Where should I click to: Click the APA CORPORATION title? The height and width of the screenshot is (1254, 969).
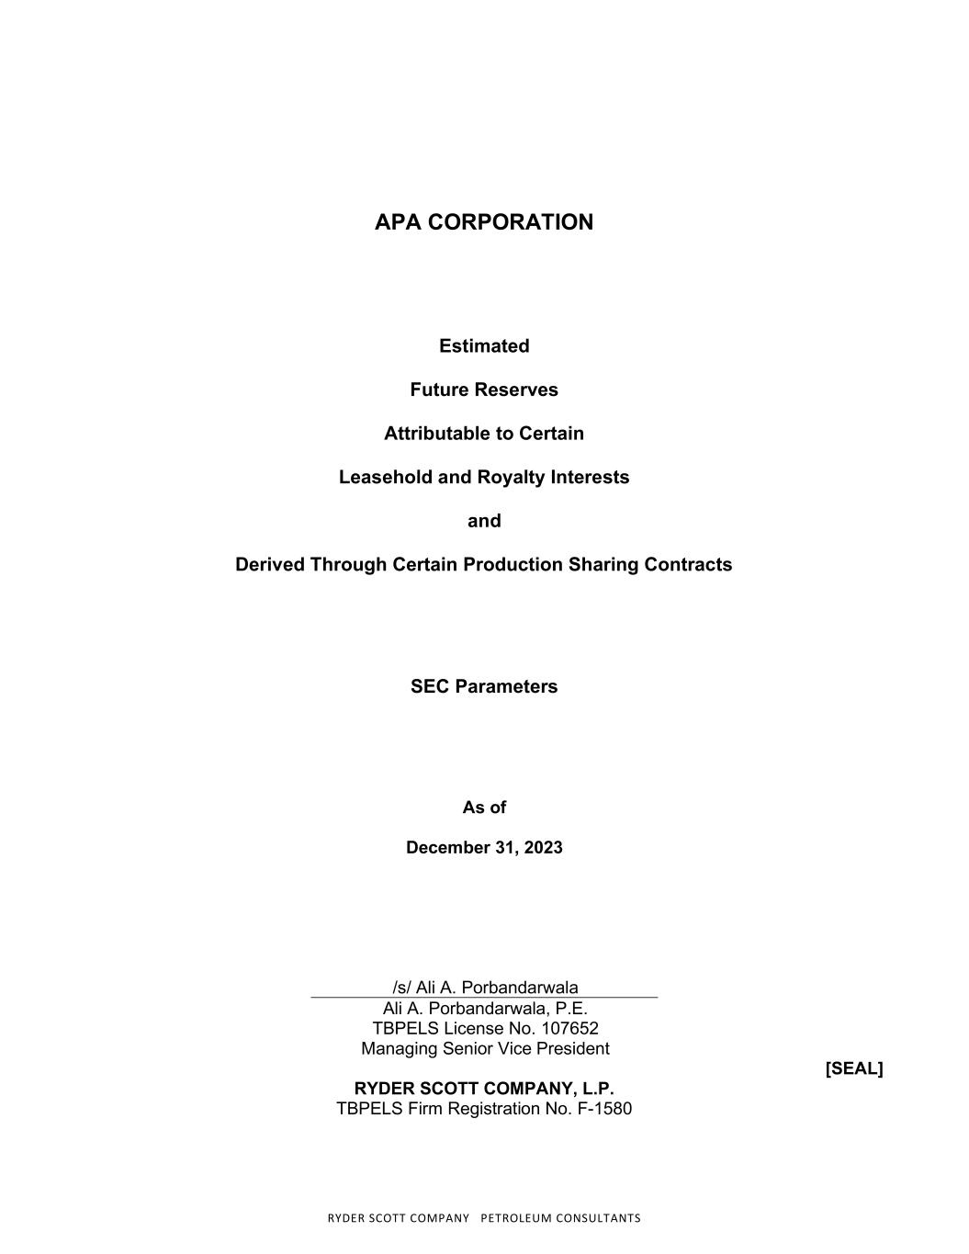(484, 222)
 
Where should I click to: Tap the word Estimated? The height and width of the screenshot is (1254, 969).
(484, 346)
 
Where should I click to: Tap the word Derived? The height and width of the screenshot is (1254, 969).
(269, 564)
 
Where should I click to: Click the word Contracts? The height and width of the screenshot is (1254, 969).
(687, 564)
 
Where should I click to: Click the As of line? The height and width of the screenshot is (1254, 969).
(484, 808)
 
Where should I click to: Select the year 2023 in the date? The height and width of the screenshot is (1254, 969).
(542, 847)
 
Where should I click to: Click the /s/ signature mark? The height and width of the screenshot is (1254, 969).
(401, 988)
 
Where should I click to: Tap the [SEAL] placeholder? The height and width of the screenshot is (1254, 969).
(854, 1068)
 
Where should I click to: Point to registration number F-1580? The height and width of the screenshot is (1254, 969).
(606, 1109)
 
